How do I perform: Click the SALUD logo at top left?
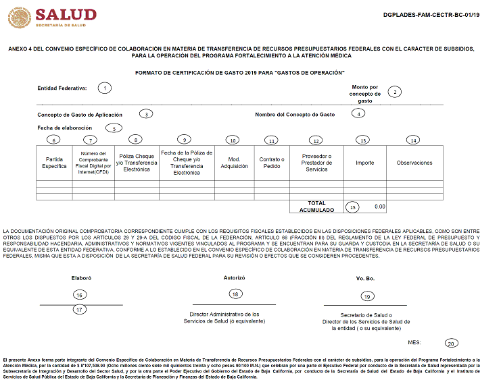[51, 17]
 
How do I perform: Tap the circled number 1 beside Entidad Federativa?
[104, 88]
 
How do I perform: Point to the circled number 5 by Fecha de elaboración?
[114, 128]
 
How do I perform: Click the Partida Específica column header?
[54, 162]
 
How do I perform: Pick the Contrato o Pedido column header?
[271, 163]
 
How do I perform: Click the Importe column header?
[364, 163]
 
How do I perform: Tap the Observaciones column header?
[414, 163]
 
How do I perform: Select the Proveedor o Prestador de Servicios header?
[316, 163]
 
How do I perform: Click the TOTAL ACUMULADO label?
[316, 207]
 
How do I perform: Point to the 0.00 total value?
[379, 207]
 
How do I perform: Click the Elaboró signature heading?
[81, 277]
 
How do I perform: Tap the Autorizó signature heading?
[234, 277]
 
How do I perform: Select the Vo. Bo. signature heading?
[366, 278]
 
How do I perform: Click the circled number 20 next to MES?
[451, 343]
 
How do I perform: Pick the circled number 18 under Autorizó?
[235, 294]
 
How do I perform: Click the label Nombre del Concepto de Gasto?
[295, 114]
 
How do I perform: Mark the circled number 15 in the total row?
[353, 207]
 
